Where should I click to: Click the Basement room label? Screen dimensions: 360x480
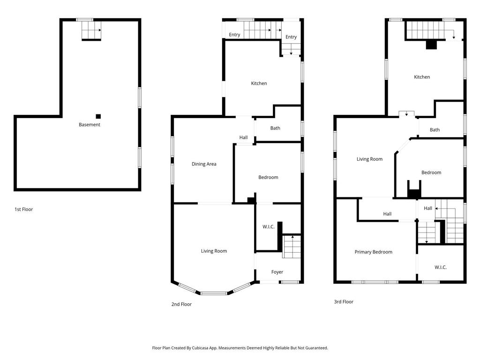pos(89,125)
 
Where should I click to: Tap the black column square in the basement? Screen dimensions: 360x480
pos(98,116)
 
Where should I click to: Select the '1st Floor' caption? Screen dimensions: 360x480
pos(23,210)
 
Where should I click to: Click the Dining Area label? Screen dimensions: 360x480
pos(204,164)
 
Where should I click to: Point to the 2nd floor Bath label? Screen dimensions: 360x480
pos(275,128)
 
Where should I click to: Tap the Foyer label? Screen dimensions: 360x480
pos(277,272)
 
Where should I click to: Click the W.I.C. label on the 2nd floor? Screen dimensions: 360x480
pos(268,227)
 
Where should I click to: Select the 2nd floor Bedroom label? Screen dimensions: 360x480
pos(268,177)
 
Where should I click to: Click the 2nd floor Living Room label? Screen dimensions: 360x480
pos(214,251)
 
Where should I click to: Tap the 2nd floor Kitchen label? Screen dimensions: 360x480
pos(259,83)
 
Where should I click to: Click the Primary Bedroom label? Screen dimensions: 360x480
pos(373,252)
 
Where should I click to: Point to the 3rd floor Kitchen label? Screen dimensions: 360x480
pos(421,77)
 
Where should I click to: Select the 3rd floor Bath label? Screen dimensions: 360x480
pos(435,130)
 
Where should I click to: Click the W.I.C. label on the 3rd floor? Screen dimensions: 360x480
pos(440,267)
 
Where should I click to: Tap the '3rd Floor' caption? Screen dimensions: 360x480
pos(344,302)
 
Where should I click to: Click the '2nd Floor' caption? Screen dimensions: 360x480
pos(181,304)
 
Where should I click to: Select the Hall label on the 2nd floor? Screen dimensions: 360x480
pos(243,137)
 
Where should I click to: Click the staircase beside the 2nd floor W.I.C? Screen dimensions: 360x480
pos(291,247)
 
